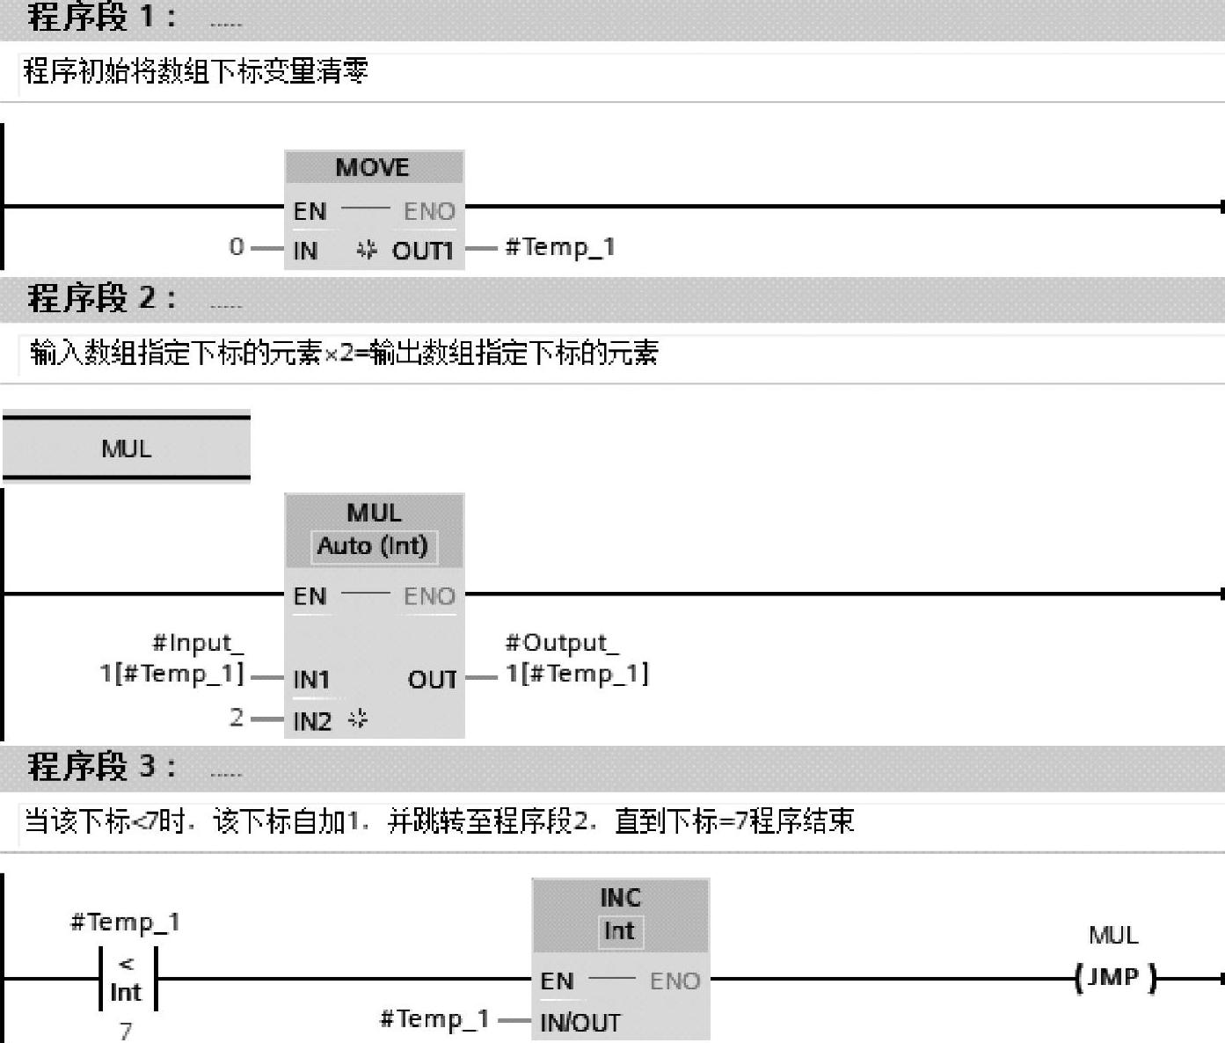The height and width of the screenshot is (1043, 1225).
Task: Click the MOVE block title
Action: click(x=373, y=167)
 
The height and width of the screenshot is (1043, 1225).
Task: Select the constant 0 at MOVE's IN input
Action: click(x=236, y=247)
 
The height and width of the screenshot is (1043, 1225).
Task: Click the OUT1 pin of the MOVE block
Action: click(x=422, y=251)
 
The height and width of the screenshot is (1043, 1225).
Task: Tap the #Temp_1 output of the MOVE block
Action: click(x=559, y=247)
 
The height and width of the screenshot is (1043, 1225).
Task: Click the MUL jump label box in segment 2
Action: click(x=127, y=449)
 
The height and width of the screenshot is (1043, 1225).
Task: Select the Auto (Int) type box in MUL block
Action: click(x=373, y=546)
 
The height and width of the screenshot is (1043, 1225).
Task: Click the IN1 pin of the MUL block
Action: click(x=311, y=679)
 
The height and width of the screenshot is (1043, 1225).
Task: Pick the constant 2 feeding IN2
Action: click(x=237, y=718)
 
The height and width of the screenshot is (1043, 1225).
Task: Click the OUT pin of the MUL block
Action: click(x=432, y=679)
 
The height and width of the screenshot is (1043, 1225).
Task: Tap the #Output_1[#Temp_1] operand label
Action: click(x=576, y=659)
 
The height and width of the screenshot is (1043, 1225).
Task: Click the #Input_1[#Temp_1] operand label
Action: click(x=172, y=659)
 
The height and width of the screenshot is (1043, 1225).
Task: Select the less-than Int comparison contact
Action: click(x=127, y=979)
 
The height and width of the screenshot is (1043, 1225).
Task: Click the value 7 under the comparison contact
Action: click(x=127, y=1030)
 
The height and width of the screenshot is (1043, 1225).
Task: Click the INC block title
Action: click(x=620, y=898)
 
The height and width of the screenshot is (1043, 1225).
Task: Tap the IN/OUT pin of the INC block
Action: click(x=580, y=1023)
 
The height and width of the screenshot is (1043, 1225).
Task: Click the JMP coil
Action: click(x=1114, y=978)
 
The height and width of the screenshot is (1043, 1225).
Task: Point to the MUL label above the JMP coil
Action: click(x=1113, y=935)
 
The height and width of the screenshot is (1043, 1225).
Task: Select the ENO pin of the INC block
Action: click(x=674, y=981)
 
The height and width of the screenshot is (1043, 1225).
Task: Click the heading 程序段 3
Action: click(x=102, y=766)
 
